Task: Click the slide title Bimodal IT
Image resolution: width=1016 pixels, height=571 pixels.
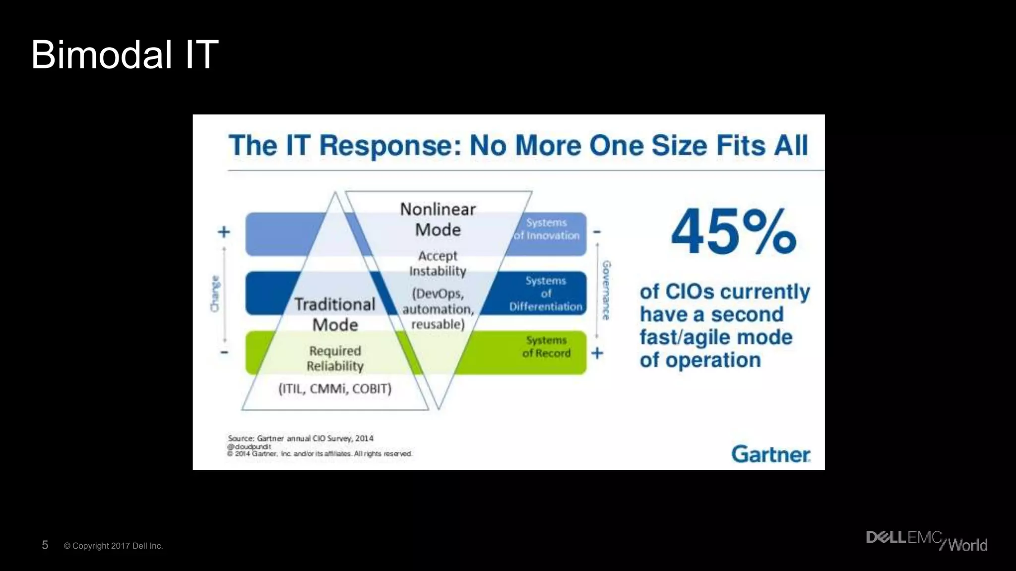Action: [x=125, y=55]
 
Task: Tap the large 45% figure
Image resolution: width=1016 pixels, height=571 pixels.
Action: [x=733, y=232]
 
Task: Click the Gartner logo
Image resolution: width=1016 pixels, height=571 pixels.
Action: [x=770, y=454]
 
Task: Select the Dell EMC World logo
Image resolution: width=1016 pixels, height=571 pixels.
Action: [x=926, y=541]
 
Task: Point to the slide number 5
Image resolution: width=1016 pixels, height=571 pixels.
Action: [x=45, y=545]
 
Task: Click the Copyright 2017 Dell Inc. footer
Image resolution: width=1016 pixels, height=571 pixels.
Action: [x=113, y=546]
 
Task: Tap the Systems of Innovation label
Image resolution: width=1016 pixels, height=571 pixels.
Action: [x=546, y=229]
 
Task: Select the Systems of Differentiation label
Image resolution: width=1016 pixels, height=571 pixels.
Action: [x=546, y=293]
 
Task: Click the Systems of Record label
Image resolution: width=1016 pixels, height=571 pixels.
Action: [x=546, y=347]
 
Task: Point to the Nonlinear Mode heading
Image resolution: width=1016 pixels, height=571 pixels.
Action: [x=438, y=220]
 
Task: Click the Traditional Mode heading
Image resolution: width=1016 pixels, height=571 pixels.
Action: [x=335, y=314]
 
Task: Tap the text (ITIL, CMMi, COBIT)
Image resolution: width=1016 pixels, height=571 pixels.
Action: [x=335, y=389]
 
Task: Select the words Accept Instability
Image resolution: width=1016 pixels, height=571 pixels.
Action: [x=438, y=263]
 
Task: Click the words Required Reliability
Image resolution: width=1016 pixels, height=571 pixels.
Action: [x=335, y=358]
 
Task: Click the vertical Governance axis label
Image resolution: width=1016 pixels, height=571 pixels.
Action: [x=606, y=290]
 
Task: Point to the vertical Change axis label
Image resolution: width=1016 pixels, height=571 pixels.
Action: [x=215, y=293]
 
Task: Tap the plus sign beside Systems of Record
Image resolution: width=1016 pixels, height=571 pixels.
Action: [x=597, y=353]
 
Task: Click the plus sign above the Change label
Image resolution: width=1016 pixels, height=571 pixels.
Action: [x=224, y=231]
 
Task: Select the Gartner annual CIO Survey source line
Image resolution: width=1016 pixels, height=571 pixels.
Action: [x=301, y=438]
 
